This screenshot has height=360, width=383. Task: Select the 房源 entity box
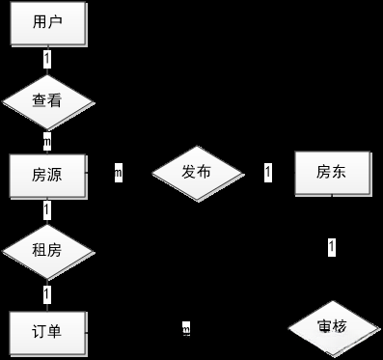tap(47, 175)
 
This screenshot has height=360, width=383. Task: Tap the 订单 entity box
tap(47, 331)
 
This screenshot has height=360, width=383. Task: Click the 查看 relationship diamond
tap(47, 99)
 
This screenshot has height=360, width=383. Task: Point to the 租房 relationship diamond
tap(47, 251)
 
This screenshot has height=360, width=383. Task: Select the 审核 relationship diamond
tap(332, 328)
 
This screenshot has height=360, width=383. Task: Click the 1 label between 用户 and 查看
tap(47, 59)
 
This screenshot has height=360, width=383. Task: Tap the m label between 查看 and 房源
tap(47, 138)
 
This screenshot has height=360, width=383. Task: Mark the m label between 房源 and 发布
tap(118, 174)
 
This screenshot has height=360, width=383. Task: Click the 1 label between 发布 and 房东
tap(268, 173)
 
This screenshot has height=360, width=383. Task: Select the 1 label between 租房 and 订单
tap(47, 292)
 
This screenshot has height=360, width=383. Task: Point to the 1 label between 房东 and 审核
tap(332, 248)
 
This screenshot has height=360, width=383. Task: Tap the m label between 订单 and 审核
tap(186, 331)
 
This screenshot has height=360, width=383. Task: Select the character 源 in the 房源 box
tap(56, 175)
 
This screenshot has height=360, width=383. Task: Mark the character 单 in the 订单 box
tap(56, 331)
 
